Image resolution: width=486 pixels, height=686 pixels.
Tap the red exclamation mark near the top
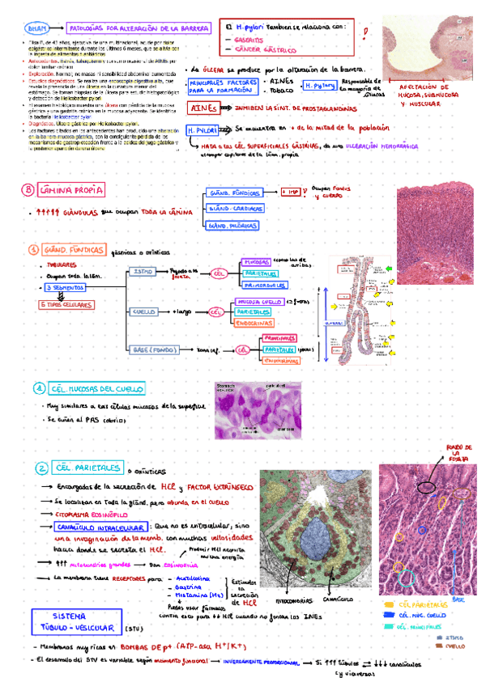click(367, 33)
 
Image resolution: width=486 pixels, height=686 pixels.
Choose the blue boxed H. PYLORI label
click(199, 129)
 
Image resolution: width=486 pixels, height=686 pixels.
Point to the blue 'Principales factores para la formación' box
click(216, 86)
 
